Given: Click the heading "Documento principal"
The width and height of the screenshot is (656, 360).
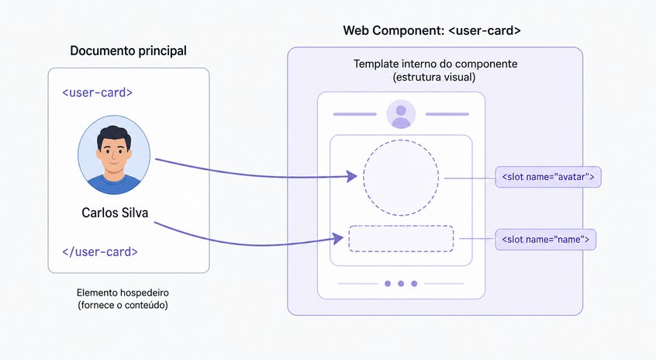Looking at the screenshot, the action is pos(128,51).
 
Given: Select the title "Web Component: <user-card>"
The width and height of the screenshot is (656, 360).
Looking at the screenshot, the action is pos(432,30).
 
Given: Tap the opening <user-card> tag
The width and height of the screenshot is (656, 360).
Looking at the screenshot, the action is pos(97,92).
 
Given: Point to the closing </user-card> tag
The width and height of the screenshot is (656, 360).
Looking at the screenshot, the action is pos(100,251).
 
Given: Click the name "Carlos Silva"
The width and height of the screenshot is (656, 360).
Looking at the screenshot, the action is pos(115,213).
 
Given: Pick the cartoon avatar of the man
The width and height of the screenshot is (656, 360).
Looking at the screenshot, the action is pos(114,155).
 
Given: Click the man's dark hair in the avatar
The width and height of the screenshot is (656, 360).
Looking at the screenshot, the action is pos(114,135).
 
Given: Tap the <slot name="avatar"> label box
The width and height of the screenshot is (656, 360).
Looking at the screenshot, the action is pos(548,177).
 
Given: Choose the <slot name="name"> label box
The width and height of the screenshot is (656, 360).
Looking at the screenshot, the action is pos(546,240).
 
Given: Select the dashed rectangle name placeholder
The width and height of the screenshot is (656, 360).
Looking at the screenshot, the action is pos(401,227).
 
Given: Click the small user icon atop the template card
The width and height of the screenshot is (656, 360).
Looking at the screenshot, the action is pos(401,114).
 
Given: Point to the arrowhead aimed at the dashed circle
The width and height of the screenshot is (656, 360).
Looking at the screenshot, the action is pos(352,176).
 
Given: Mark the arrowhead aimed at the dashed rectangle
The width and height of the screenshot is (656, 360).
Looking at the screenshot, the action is pos(338,239).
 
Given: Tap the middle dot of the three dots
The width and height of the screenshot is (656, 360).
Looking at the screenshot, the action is pos(401,284).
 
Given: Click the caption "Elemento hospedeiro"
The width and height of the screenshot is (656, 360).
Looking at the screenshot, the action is pos(123,292).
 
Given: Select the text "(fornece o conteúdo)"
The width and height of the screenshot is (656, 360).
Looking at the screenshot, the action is pos(123,305).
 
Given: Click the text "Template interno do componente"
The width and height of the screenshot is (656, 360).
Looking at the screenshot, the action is pos(435,64).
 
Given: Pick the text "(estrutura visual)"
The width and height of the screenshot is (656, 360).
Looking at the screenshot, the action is pos(434,78).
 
